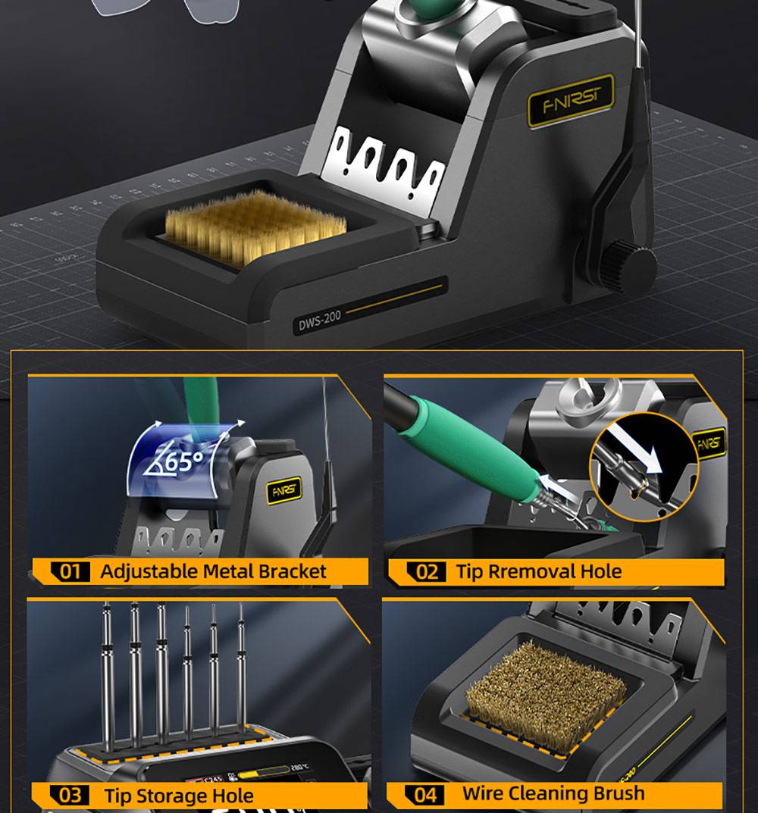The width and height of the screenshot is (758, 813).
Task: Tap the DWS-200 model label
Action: pos(319,322)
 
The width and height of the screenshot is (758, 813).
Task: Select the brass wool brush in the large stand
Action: pos(255,225)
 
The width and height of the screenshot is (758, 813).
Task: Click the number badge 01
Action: pos(70,571)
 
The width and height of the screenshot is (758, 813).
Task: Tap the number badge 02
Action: pos(427,571)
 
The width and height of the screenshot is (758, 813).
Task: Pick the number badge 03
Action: pos(70,796)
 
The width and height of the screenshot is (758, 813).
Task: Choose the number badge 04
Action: pos(425,795)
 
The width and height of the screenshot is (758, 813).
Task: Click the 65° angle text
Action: pos(180,461)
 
